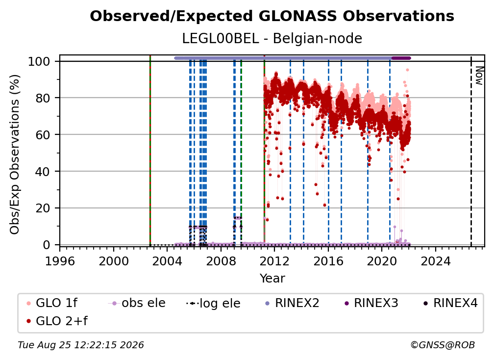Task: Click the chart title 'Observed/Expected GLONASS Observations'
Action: [x=272, y=16]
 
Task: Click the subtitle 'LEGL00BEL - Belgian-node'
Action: [x=272, y=38]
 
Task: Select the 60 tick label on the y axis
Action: [x=43, y=134]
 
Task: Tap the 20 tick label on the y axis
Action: [x=43, y=208]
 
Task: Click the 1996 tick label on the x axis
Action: [x=60, y=261]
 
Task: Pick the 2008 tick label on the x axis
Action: [x=221, y=261]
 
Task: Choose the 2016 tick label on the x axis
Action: [x=328, y=261]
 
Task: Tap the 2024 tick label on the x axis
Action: [x=436, y=261]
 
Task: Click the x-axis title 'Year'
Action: [x=272, y=279]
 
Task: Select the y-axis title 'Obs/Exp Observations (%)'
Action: [x=15, y=154]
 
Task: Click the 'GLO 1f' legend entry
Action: [x=52, y=303]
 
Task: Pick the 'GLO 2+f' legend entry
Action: [x=57, y=321]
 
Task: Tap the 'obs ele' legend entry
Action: [x=137, y=303]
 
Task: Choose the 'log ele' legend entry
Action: [x=213, y=303]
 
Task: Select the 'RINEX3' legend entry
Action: [x=371, y=303]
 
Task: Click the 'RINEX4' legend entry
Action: [x=450, y=303]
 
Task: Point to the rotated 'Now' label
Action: [x=479, y=76]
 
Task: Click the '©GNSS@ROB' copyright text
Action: [x=443, y=345]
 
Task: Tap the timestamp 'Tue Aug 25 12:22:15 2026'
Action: [x=81, y=345]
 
